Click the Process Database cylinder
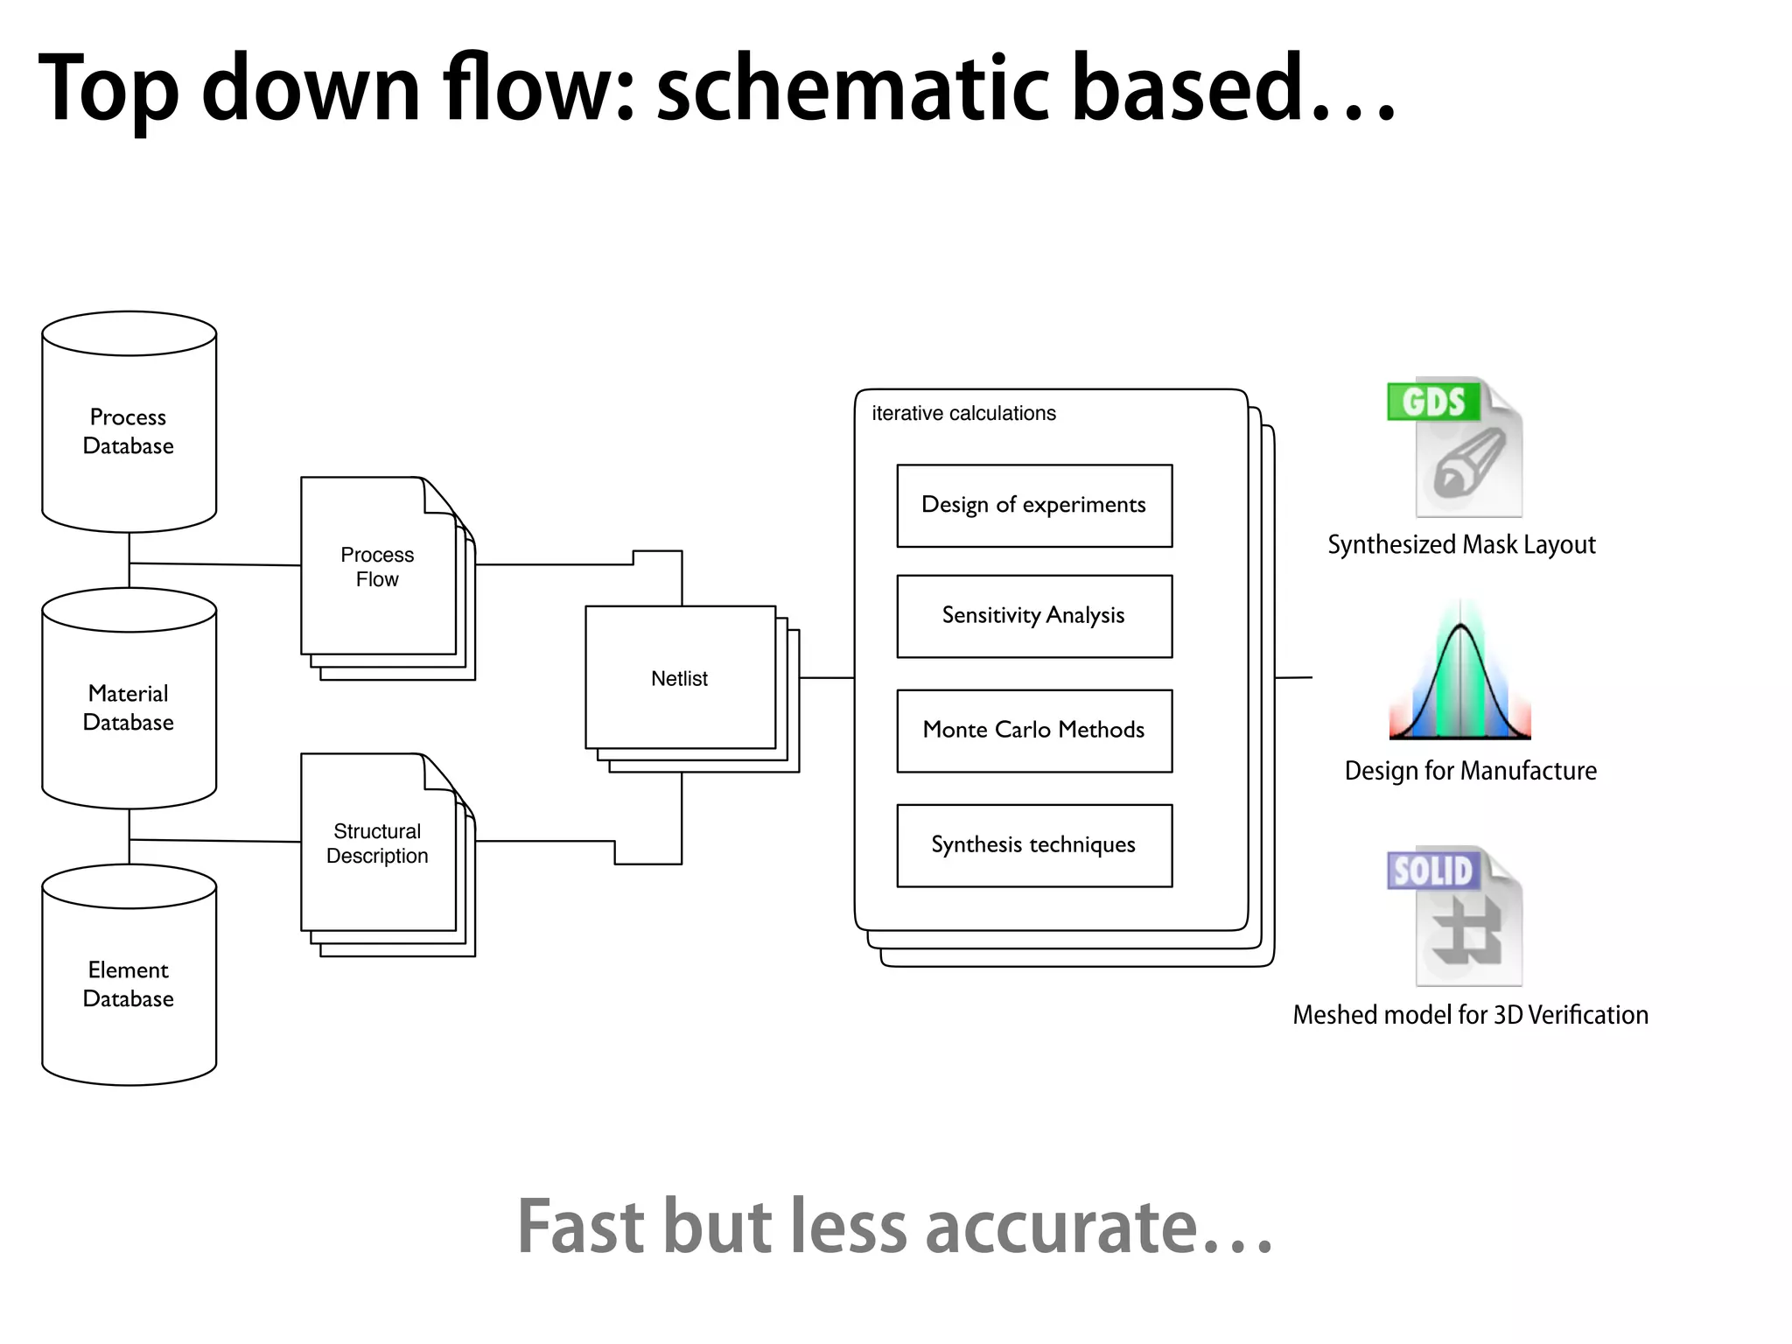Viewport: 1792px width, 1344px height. [x=129, y=430]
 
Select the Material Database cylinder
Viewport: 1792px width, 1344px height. [x=129, y=707]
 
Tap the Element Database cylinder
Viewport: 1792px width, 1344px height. [x=129, y=983]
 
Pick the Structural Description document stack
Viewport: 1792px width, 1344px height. [x=378, y=843]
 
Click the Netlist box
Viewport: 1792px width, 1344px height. [x=680, y=678]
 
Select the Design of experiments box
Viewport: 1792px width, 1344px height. [x=1034, y=506]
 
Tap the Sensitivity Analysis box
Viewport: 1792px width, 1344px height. [x=1034, y=616]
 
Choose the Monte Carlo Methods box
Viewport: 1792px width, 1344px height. [x=1034, y=731]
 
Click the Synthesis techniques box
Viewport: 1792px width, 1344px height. [x=1034, y=845]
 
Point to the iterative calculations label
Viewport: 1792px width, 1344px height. [x=963, y=413]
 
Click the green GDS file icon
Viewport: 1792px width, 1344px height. [x=1456, y=448]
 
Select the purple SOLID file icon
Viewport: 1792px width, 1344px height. [x=1456, y=917]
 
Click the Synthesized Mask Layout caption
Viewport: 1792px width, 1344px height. [x=1461, y=545]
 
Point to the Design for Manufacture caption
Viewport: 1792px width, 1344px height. [x=1470, y=771]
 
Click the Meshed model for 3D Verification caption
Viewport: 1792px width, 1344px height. [x=1470, y=1015]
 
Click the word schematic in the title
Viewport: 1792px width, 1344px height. [x=852, y=87]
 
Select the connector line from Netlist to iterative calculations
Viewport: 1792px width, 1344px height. [x=827, y=677]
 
